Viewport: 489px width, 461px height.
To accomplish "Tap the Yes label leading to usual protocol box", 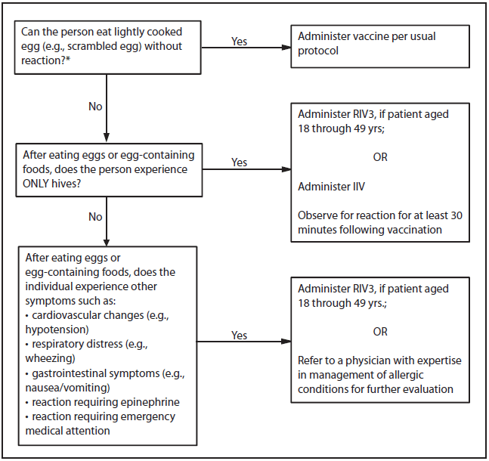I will click(x=239, y=42).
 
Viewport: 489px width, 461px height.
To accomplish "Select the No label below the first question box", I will click(x=94, y=107).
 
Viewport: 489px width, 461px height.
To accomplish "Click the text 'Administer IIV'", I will click(x=332, y=186).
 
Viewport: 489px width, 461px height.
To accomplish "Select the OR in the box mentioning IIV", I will click(x=380, y=157).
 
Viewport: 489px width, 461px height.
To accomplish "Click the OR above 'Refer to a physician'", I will click(x=380, y=332).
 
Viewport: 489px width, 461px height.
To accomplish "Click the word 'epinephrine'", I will click(x=151, y=401).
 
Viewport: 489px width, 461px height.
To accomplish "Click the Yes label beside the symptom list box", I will click(x=239, y=336).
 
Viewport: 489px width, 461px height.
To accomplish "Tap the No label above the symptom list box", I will click(x=94, y=217).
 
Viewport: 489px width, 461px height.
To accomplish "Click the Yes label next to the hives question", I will click(x=239, y=162).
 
